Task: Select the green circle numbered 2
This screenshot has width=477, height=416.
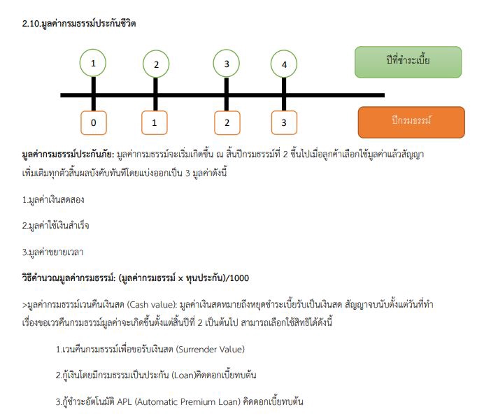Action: pos(156,65)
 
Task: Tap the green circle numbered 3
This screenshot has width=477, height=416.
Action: pos(226,64)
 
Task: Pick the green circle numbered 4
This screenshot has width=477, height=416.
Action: pos(283,65)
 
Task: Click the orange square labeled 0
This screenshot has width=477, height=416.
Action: pos(93,123)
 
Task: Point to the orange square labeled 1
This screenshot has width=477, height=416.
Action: pos(155,123)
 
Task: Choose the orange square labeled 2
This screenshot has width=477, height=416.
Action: pos(226,123)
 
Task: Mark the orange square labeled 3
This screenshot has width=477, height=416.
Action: pos(283,123)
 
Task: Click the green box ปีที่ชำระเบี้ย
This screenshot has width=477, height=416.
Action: pos(408,62)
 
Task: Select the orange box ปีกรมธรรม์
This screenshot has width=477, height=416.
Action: pos(411,122)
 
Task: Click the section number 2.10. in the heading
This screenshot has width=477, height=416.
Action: pos(31,24)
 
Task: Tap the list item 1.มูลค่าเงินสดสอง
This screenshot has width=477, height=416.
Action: pos(55,200)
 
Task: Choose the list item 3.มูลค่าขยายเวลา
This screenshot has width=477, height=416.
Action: pos(55,251)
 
